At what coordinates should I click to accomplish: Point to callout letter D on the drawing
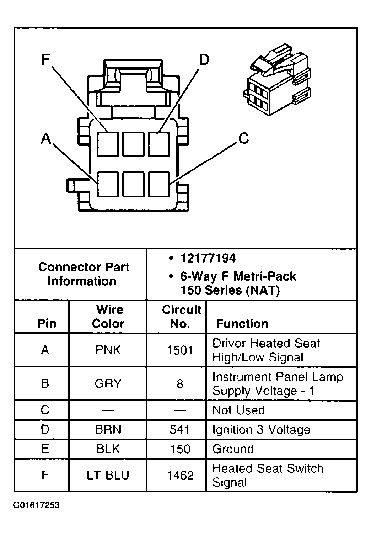point(204,60)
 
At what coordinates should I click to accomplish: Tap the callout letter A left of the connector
point(46,138)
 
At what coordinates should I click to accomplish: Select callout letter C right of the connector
point(243,138)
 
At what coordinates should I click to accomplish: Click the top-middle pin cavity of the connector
point(133,144)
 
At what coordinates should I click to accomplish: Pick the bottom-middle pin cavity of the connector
point(133,184)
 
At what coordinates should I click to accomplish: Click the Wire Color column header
point(108,316)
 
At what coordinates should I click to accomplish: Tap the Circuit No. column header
point(181,316)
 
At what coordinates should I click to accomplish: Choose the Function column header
point(242,323)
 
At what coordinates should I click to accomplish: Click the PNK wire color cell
point(108,350)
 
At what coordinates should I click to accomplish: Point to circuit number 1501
point(180,350)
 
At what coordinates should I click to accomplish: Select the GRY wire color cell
point(108,383)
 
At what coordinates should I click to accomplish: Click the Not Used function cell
point(238,410)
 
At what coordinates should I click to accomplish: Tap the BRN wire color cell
point(108,429)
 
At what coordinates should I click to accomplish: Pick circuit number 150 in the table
point(180,449)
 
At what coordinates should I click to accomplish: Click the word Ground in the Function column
point(233,449)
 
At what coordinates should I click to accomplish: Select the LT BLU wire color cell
point(108,475)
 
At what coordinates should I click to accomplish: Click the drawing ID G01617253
point(36,505)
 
